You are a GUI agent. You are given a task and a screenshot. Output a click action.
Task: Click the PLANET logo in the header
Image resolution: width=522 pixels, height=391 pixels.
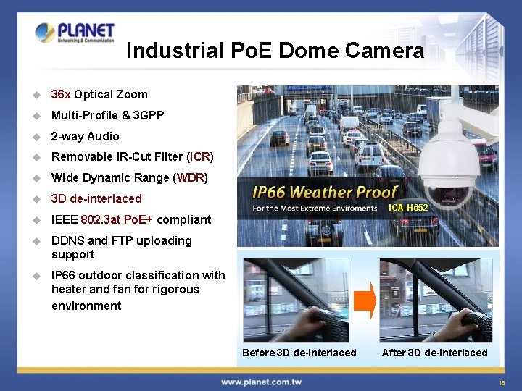[75, 33]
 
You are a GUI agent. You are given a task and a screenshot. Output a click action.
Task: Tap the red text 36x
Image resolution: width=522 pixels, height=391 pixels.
[61, 94]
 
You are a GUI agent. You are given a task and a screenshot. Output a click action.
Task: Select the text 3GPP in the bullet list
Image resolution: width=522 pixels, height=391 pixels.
[149, 115]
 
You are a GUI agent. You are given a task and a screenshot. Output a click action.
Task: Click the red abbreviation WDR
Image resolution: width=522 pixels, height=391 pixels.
[191, 177]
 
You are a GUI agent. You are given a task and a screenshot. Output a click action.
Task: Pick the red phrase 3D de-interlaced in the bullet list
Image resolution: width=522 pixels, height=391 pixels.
[96, 198]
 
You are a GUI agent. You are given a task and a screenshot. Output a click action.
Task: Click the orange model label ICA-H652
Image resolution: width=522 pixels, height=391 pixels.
[408, 208]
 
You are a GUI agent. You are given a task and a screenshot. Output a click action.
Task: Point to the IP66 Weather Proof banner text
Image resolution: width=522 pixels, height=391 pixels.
[325, 193]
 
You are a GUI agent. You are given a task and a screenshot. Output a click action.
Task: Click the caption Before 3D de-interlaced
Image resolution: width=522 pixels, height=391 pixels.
[299, 353]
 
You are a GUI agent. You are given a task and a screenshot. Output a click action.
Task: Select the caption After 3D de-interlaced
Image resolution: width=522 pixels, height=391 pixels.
[434, 353]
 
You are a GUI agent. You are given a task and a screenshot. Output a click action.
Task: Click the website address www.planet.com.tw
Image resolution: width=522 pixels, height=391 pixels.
[261, 382]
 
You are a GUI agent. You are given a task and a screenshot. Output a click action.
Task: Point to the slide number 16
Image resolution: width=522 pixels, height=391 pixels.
[502, 382]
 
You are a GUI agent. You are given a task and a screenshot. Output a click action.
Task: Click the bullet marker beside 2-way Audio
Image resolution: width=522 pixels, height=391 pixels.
[33, 136]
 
